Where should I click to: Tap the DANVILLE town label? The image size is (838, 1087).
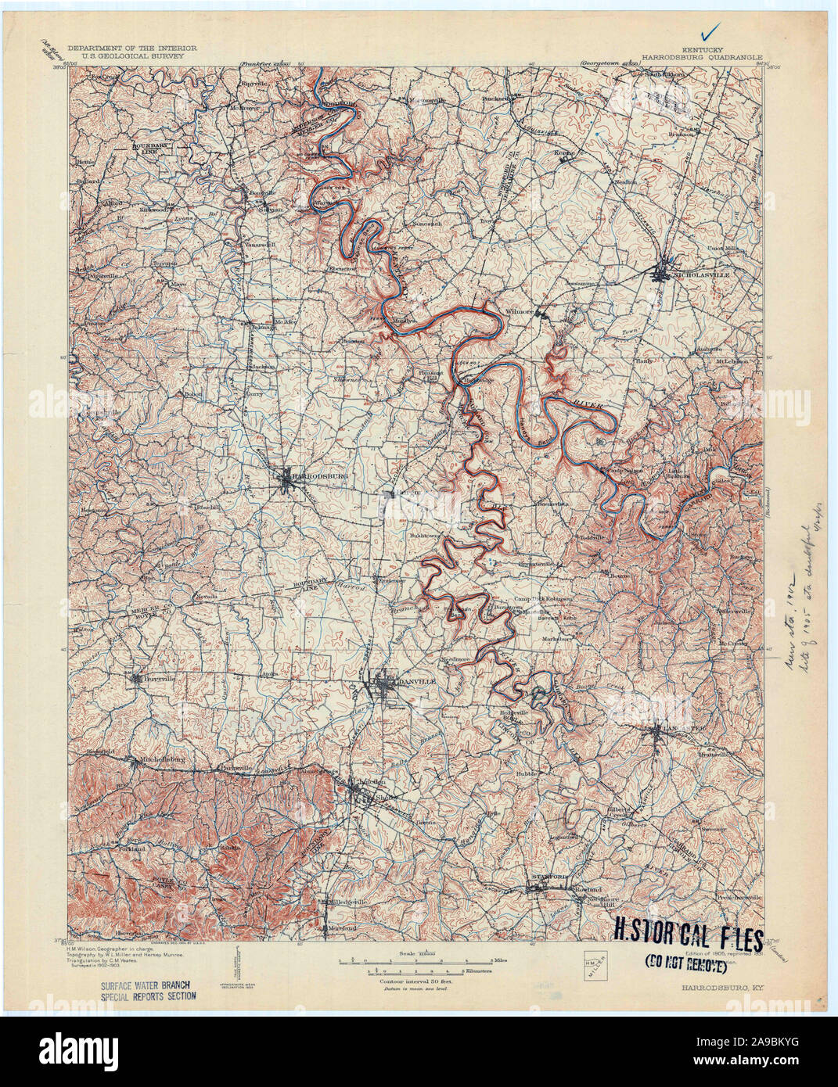(x=415, y=682)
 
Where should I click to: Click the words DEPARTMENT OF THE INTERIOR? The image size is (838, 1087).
(x=131, y=48)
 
